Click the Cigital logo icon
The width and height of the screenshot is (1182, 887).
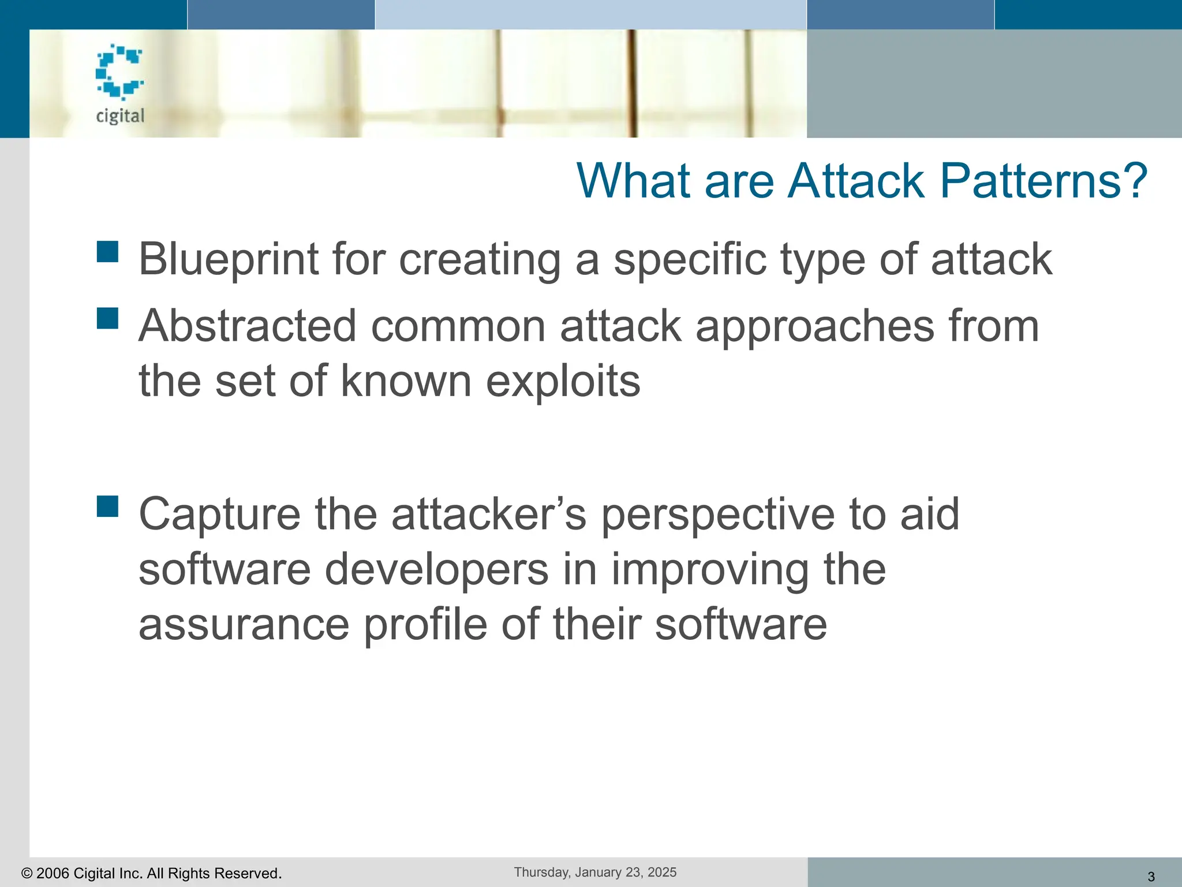(119, 72)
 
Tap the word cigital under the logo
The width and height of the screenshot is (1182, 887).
(120, 116)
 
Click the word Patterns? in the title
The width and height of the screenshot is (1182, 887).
(1043, 181)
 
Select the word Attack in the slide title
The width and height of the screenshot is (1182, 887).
(856, 181)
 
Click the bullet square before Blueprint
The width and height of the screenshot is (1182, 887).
(107, 252)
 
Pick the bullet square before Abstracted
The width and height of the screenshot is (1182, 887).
(107, 318)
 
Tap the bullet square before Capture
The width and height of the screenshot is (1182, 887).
(107, 506)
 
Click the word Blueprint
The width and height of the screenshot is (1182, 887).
(228, 259)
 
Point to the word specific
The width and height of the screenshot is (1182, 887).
(690, 259)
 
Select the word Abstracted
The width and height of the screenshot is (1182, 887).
(247, 326)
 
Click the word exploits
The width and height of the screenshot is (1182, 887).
(563, 381)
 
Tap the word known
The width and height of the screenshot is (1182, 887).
(406, 381)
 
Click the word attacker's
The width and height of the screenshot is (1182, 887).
(489, 514)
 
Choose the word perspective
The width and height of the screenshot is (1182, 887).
(717, 514)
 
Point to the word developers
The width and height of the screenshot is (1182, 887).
(436, 569)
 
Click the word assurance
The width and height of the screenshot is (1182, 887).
(244, 625)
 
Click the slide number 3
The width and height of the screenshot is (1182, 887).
(1151, 877)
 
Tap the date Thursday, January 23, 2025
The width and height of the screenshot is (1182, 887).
(595, 872)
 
